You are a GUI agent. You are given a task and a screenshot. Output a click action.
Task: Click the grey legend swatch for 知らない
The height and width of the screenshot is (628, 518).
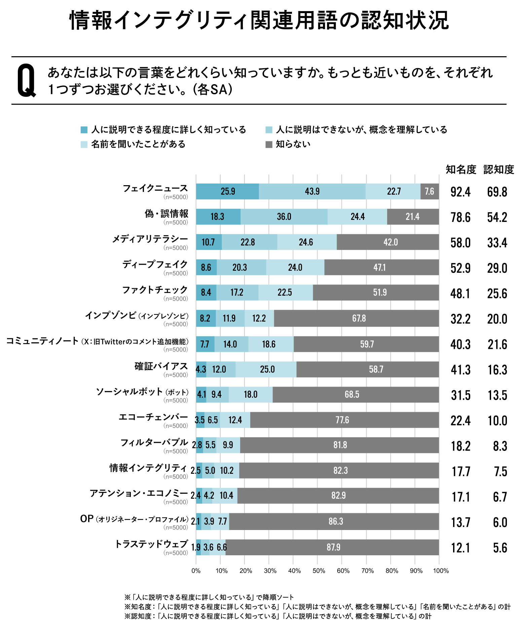pos(269,144)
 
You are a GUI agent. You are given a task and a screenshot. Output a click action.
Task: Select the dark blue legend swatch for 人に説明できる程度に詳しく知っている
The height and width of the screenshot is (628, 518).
pos(84,130)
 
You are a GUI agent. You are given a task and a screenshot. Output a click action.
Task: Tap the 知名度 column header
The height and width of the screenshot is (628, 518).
pos(461,170)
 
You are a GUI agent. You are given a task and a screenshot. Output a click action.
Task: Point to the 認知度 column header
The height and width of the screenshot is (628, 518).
pos(498,170)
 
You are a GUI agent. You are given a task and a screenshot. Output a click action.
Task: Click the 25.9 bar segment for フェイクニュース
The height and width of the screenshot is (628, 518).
pos(227,192)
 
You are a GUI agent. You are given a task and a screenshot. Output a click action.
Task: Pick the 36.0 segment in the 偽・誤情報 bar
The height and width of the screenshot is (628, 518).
pos(284,217)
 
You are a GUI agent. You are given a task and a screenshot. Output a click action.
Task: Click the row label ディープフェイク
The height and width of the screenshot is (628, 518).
pos(155,264)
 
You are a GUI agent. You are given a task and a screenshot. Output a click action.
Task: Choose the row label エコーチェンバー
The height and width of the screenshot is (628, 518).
pos(153,417)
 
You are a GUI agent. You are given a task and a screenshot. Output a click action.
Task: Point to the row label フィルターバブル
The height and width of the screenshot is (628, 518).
pos(154,442)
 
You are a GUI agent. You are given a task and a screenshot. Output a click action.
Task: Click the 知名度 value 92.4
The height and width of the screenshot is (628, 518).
pos(460,192)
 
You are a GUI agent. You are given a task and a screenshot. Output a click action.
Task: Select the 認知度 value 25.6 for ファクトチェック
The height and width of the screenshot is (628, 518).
pos(497,294)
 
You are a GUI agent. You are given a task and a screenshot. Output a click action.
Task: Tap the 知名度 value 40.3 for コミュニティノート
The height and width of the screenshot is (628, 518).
pos(460,344)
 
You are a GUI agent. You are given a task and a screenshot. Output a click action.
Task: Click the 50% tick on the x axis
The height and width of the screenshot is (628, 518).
pos(319,571)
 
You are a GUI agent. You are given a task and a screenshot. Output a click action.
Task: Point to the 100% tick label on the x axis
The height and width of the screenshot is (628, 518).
pos(441,571)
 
